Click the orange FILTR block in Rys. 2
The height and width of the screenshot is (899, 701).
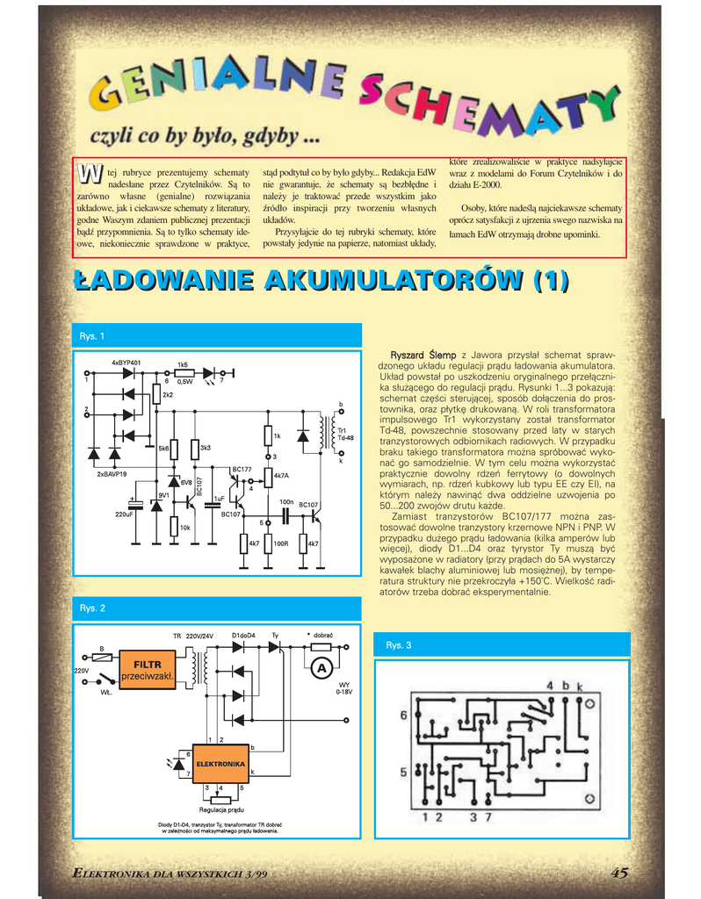[x=148, y=670]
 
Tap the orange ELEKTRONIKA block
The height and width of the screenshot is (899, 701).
[x=220, y=764]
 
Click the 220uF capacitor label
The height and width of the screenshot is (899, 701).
[x=124, y=514]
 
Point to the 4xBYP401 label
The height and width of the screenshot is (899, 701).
[x=126, y=362]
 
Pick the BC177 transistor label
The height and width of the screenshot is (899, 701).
[x=242, y=470]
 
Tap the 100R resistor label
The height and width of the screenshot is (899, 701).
[x=281, y=543]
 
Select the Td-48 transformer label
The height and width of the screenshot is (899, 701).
[x=345, y=437]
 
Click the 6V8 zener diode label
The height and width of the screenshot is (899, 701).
[x=186, y=482]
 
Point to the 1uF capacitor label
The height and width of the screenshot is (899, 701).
[x=220, y=498]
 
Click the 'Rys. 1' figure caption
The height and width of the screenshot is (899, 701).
[x=92, y=336]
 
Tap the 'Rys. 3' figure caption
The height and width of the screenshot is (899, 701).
[x=398, y=645]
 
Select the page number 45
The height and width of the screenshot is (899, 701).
[x=619, y=872]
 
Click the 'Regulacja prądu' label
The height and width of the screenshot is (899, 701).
[x=220, y=809]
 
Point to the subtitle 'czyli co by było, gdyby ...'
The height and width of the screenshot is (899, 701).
[x=204, y=136]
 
